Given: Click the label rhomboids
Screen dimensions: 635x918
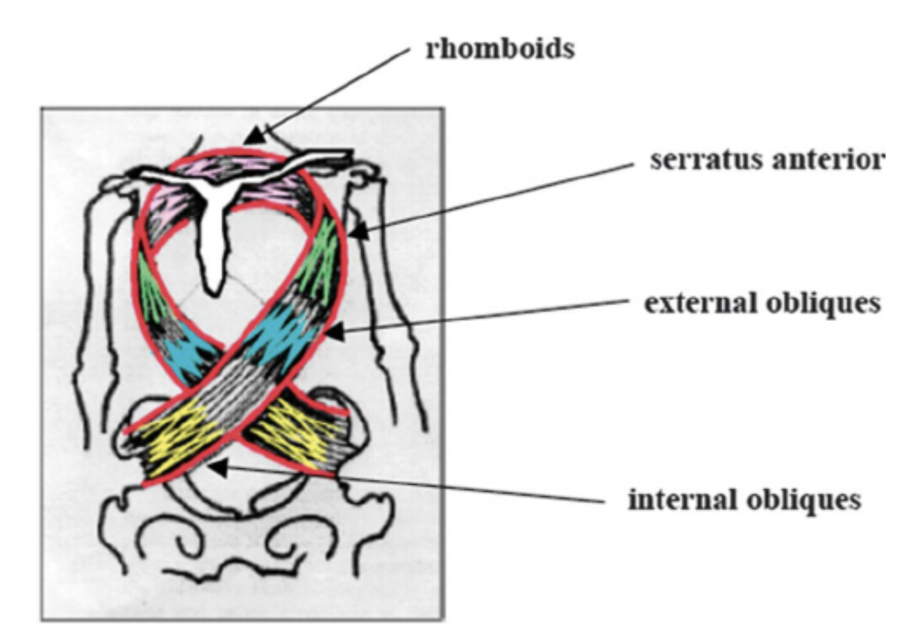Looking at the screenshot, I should (x=499, y=49).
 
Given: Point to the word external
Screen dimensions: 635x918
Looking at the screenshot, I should (x=699, y=304).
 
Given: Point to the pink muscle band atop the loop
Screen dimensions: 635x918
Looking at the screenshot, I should (x=229, y=167).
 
